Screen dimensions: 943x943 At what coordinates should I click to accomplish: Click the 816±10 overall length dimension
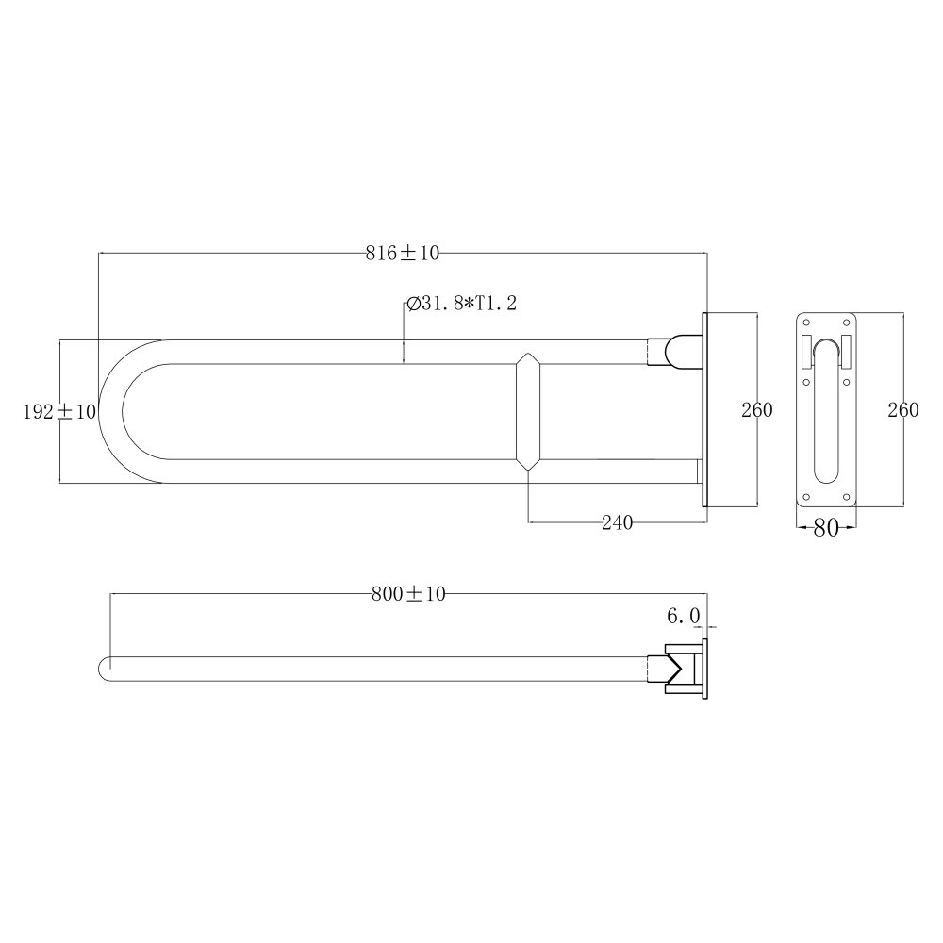[403, 253]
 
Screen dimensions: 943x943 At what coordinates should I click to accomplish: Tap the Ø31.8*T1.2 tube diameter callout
[461, 303]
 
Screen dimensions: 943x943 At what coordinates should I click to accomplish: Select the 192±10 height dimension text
[59, 412]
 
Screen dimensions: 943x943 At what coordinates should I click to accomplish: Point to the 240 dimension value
[617, 522]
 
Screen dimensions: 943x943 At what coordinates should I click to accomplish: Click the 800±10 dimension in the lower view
[408, 594]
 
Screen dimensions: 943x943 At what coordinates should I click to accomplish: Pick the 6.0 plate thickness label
[683, 616]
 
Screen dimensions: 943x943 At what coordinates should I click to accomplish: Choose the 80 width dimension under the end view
[826, 528]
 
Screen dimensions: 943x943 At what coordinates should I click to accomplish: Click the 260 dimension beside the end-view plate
[903, 410]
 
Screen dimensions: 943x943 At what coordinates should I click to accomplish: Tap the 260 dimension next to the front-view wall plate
[756, 410]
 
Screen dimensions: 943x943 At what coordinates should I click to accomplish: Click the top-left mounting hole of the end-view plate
[806, 323]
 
